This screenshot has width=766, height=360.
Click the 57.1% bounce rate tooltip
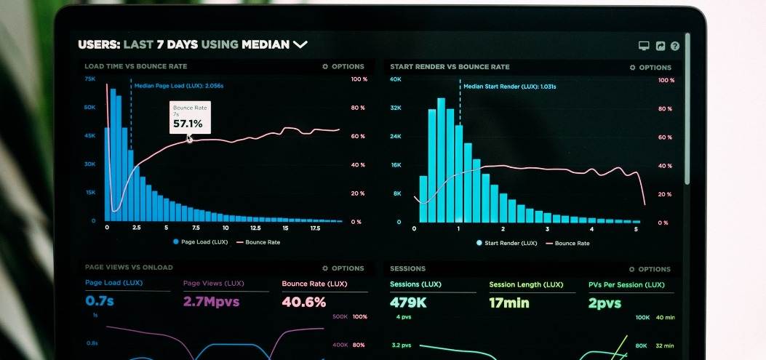(190, 117)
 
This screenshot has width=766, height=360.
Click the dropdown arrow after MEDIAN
(300, 45)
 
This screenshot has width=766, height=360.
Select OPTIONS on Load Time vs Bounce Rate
(343, 66)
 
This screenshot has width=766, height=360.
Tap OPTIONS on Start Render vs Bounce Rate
(650, 67)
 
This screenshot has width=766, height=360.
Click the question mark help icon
(675, 46)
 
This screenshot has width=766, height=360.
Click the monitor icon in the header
(644, 46)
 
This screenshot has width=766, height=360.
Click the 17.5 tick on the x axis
(315, 228)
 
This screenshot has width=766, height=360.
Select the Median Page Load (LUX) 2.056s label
(179, 86)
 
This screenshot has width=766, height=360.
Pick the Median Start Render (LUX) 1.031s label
(509, 87)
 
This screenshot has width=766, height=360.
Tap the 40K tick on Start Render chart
(396, 79)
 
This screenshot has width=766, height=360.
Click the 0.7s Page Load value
(100, 300)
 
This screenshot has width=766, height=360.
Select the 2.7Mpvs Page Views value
(211, 300)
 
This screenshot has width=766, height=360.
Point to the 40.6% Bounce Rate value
(303, 302)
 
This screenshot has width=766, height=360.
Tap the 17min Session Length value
(509, 303)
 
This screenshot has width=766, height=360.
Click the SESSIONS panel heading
(407, 269)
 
